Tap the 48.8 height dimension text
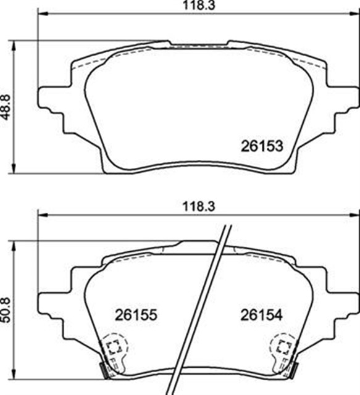[6, 107]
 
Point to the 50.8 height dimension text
[6, 308]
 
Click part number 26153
[261, 146]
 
